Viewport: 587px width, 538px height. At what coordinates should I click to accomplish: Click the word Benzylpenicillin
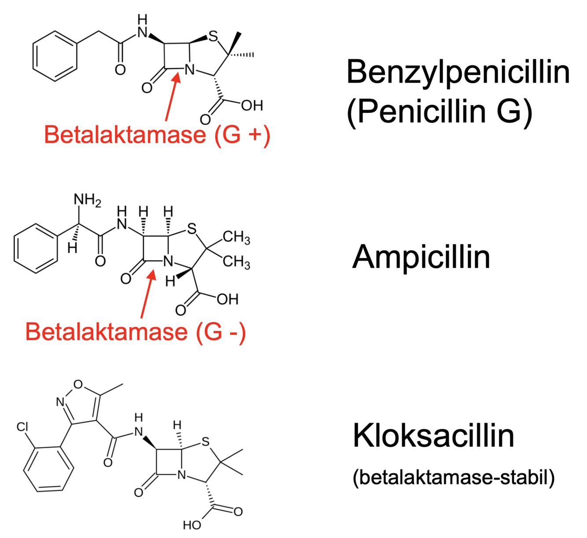click(458, 73)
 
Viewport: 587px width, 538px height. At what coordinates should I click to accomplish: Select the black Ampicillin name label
click(421, 257)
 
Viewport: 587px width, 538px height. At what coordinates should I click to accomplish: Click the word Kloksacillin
click(433, 436)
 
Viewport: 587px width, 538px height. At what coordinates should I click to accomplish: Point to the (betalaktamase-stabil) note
click(453, 477)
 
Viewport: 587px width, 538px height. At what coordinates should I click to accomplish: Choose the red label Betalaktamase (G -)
click(136, 331)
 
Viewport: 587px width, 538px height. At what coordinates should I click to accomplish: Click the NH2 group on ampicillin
click(87, 200)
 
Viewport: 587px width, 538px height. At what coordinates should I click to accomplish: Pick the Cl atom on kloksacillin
click(22, 427)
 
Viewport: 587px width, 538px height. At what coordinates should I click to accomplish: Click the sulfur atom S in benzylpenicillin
click(213, 36)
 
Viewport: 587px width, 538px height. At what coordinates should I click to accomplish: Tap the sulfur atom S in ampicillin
click(191, 229)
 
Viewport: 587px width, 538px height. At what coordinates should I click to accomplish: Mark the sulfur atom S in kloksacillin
click(205, 442)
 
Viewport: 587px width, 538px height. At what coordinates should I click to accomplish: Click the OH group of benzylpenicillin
click(252, 105)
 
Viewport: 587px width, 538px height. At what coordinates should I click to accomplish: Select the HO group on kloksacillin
click(192, 525)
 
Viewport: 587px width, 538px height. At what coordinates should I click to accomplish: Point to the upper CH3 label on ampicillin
click(236, 237)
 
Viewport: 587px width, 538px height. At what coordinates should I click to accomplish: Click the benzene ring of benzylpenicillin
click(55, 56)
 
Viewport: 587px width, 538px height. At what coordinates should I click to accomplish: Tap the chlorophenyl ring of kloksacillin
click(48, 469)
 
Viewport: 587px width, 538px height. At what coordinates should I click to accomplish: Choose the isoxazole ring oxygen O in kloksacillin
click(78, 384)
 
